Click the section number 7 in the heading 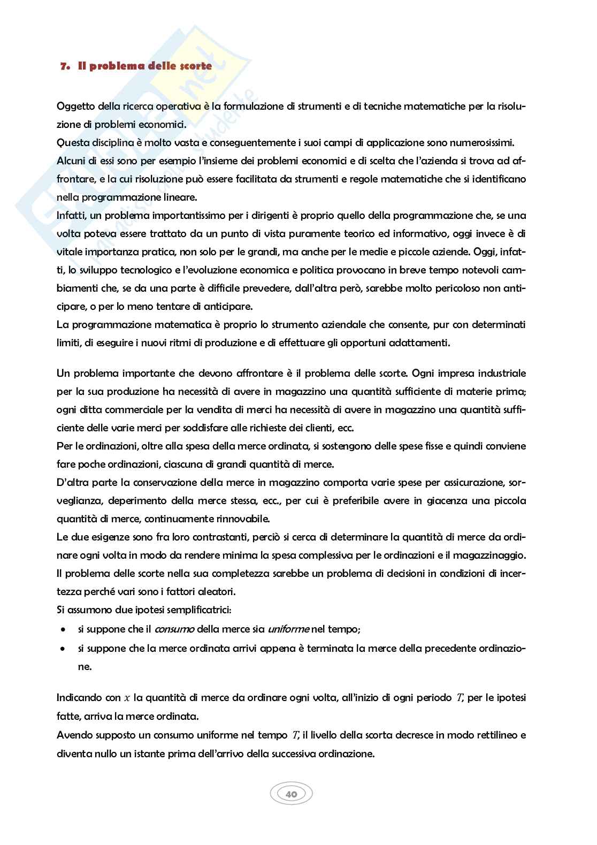64,66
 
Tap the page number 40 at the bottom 292,794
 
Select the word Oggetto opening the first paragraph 75,106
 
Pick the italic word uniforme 288,629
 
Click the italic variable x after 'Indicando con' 127,698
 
